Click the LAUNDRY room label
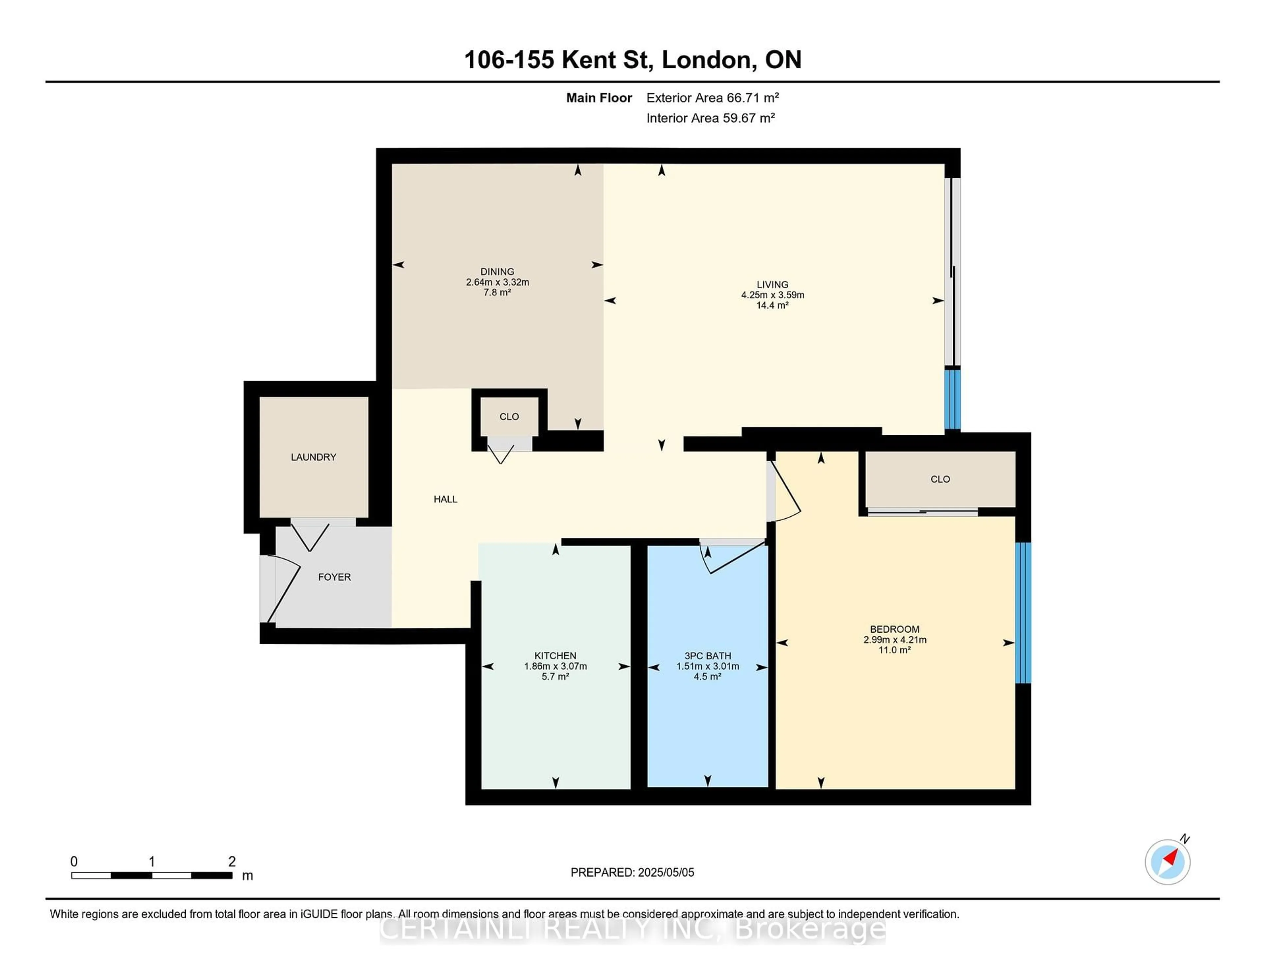[313, 457]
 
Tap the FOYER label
[334, 577]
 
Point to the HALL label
[445, 499]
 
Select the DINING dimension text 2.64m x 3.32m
[497, 282]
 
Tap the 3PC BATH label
[708, 656]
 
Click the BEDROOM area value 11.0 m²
[895, 650]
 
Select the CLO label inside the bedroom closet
[940, 479]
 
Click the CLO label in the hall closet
[509, 417]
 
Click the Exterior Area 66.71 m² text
[713, 98]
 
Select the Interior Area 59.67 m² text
[711, 118]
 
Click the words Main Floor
[599, 98]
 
